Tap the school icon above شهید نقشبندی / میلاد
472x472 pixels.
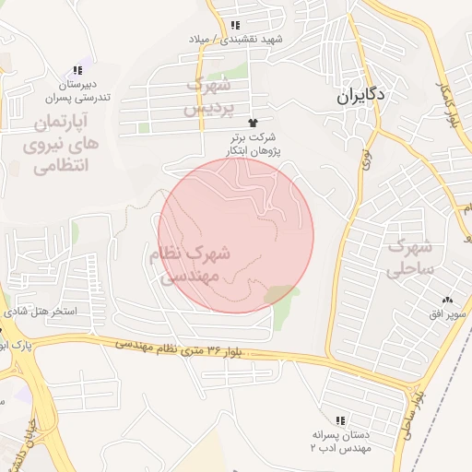pyautogui.click(x=235, y=25)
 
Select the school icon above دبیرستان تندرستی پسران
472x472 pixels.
pyautogui.click(x=77, y=70)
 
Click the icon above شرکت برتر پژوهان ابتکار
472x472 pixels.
pyautogui.click(x=252, y=122)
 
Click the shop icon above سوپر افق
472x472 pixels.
pyautogui.click(x=448, y=300)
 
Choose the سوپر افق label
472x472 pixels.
pyautogui.click(x=446, y=315)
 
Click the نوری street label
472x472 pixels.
pyautogui.click(x=366, y=147)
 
